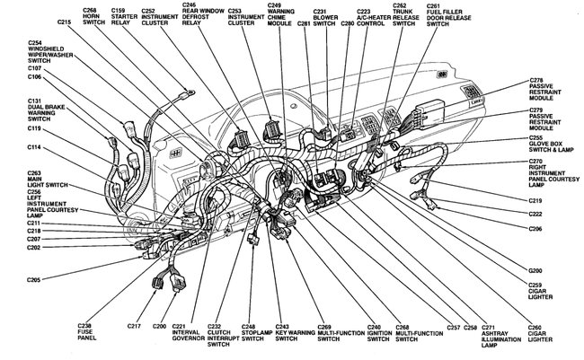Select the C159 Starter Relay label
click(123, 17)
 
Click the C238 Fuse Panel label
click(91, 330)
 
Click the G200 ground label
click(536, 270)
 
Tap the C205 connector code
click(33, 281)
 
